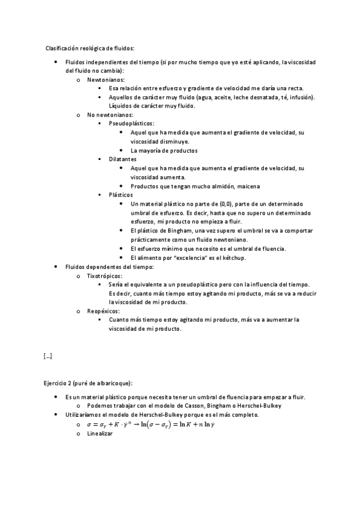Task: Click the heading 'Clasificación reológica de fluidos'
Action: tap(90, 48)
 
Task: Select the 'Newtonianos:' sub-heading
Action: tap(106, 79)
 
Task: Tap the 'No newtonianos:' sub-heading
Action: tap(111, 114)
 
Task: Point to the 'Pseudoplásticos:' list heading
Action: tap(132, 123)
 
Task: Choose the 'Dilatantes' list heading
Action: tap(123, 159)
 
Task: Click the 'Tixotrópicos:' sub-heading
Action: tap(104, 275)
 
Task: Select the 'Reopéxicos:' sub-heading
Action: tap(103, 311)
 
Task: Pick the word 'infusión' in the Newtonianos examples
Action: tap(302, 97)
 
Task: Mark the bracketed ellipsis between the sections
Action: tap(48, 356)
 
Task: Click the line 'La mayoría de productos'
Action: tap(164, 150)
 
